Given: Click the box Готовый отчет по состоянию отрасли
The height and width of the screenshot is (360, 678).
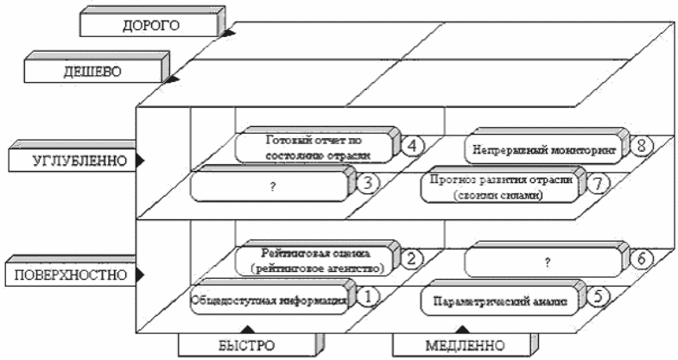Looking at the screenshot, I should click(315, 147).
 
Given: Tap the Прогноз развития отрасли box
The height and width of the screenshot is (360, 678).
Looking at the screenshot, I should click(500, 187).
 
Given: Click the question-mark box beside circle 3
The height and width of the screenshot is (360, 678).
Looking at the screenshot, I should click(270, 186).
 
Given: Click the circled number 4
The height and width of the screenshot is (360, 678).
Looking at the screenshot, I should click(414, 144).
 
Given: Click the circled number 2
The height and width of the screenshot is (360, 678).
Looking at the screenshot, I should click(414, 257).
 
